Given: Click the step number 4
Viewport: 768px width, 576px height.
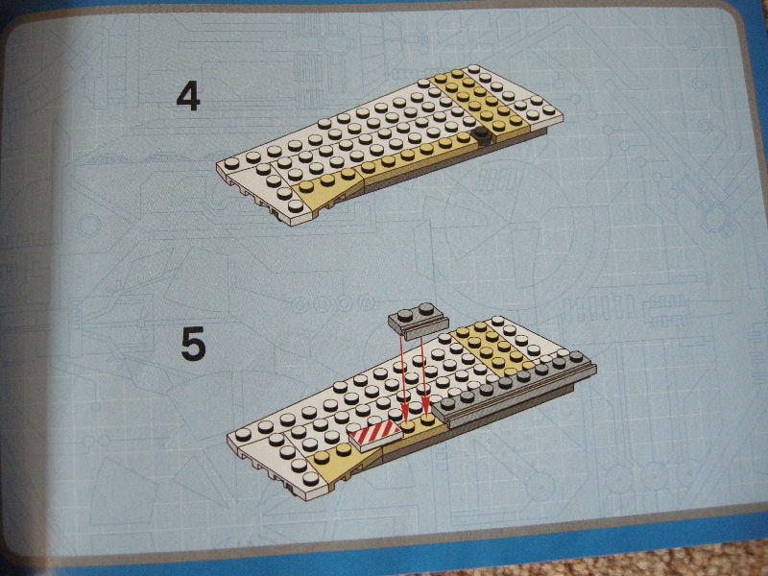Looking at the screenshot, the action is pos(188,97).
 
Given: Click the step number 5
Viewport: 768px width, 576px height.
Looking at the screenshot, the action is pos(193,345).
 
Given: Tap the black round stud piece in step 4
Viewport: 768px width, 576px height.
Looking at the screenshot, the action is pos(483,136).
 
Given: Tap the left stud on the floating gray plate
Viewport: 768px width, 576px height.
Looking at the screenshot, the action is pos(406,314).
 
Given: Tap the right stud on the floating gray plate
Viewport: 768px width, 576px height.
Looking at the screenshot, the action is pos(426,308).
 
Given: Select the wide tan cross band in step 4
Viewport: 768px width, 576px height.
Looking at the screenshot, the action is pos(482,106).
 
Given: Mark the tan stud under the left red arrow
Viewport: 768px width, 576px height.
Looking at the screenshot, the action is pos(407,426).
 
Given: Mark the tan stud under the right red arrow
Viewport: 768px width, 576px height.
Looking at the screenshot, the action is pos(427,420).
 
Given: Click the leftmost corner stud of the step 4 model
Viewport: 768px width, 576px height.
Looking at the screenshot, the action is pos(231,162).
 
